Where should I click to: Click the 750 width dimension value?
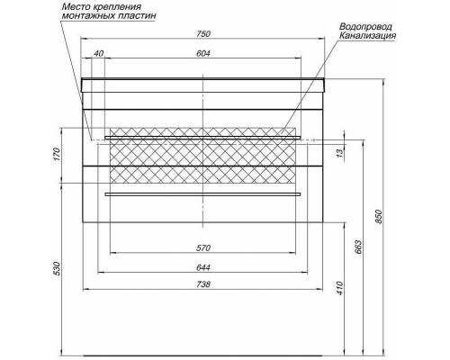point(203,33)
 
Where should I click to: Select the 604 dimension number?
point(203,53)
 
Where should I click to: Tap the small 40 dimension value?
point(98,53)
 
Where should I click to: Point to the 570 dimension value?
point(203,248)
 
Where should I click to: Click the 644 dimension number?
point(203,267)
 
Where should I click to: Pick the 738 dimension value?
point(203,283)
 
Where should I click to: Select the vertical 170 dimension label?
point(58,154)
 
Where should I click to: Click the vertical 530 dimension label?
point(58,268)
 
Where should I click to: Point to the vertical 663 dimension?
point(358,247)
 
